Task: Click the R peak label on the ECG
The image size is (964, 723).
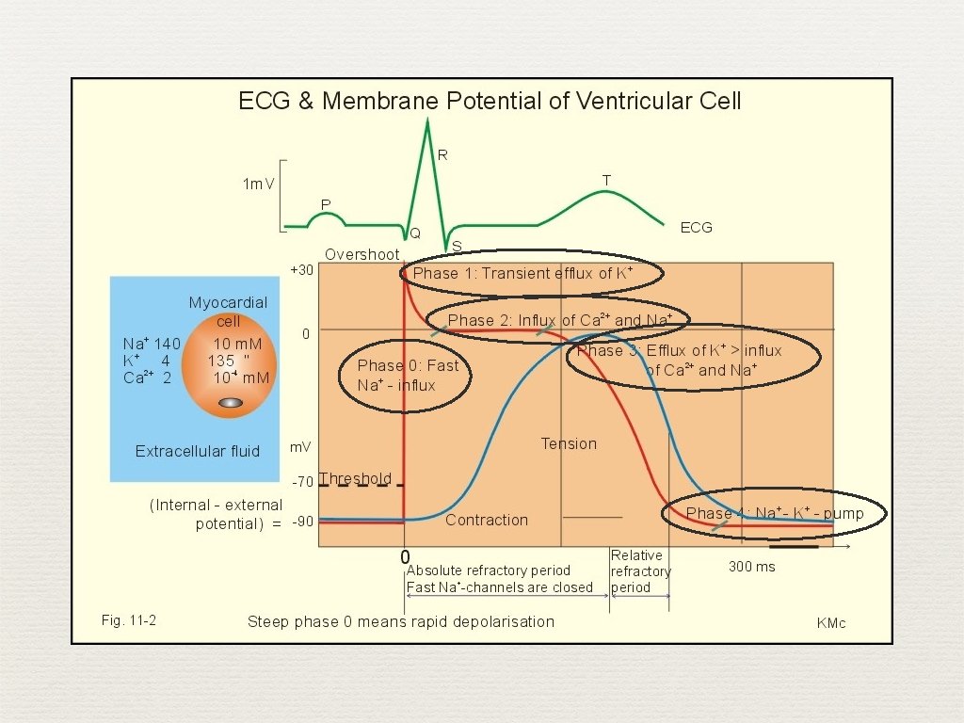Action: pos(442,155)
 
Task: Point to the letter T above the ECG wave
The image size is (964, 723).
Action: pos(606,180)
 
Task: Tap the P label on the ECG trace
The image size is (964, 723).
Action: pos(326,204)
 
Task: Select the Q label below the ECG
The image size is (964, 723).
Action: pos(415,233)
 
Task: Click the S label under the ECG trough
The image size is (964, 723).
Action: pos(457,247)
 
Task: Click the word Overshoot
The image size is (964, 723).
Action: pos(361,255)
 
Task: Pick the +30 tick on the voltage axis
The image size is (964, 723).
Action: pos(301,270)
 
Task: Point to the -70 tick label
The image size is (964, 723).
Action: pos(301,482)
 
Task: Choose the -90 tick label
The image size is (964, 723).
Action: pos(301,522)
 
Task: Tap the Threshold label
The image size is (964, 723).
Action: pos(356,479)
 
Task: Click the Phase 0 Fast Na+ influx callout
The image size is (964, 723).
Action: pos(406,375)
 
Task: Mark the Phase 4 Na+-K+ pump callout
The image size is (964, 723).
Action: pos(774,513)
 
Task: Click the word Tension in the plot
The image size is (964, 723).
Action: pos(569,443)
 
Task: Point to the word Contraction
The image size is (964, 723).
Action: pos(487,520)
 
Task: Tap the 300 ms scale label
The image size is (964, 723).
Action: pos(752,567)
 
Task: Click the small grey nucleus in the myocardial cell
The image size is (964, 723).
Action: pos(231,403)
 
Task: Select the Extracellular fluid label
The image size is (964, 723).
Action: pos(198,451)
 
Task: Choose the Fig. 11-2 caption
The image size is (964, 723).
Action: pos(128,619)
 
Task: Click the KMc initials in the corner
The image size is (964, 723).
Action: pos(831,623)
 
